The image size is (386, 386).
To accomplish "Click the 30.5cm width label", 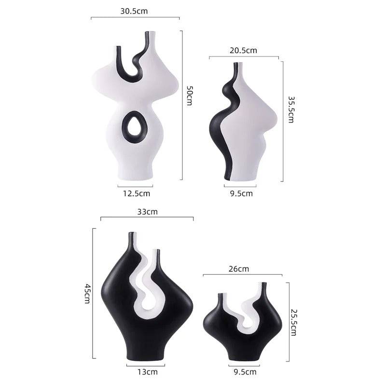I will [135, 11].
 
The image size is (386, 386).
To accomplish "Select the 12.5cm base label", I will [135, 193].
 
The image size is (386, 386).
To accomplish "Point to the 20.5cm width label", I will [244, 50].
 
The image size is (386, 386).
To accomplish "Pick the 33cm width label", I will [147, 211].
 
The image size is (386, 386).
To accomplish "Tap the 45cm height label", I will [87, 293].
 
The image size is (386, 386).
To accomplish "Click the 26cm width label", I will [240, 268].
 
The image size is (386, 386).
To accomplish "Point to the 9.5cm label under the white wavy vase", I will [240, 193].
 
